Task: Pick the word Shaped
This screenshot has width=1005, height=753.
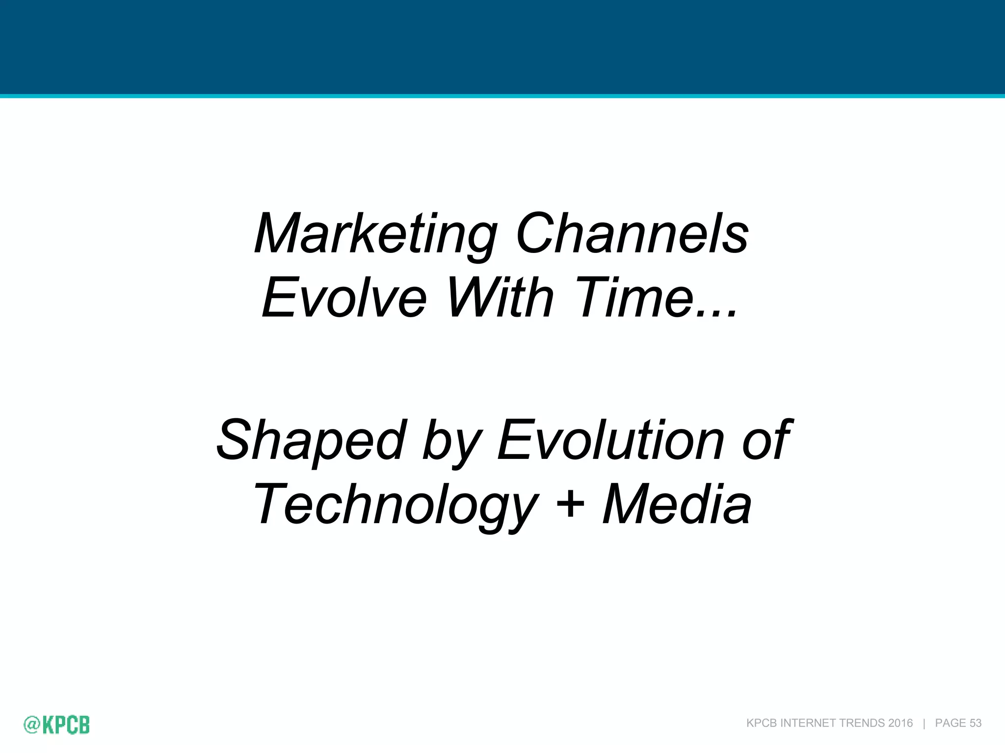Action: pos(311,441)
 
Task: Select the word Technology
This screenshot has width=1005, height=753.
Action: pos(396,505)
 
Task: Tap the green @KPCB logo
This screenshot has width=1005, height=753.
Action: pos(57,725)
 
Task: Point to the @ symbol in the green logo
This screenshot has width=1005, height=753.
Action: pos(31,725)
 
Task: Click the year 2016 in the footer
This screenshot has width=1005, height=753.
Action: pos(900,723)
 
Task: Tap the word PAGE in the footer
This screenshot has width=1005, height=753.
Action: pos(951,723)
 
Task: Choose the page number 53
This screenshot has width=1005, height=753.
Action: pos(976,723)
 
